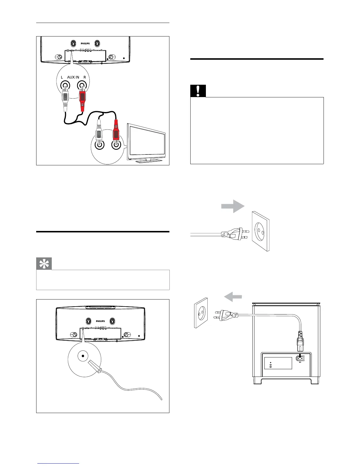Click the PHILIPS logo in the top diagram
(85, 44)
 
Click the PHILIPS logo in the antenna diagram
(101, 321)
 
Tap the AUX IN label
(73, 77)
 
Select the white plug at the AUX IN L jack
(65, 98)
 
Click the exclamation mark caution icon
(198, 91)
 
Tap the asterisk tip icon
(44, 264)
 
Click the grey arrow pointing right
(233, 206)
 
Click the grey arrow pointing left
(233, 297)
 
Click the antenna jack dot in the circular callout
(83, 356)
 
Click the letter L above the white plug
(62, 77)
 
